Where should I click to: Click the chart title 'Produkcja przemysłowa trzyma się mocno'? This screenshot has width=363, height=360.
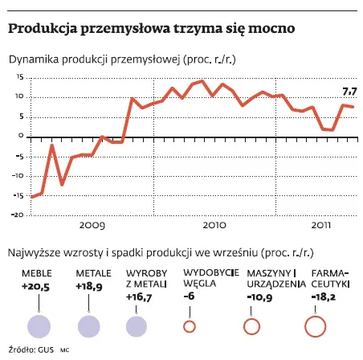coord(151,29)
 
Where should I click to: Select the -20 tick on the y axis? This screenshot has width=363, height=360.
coord(17,215)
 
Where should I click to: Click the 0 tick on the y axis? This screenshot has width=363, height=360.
coord(21,137)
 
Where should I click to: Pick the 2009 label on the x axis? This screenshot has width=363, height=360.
coord(93,226)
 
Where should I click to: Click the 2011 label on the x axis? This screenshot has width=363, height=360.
coord(322,226)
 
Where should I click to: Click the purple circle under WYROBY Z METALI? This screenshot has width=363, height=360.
coord(138,325)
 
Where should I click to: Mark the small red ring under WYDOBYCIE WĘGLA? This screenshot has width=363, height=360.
coord(190,325)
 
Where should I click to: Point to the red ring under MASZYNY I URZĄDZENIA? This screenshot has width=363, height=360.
coord(251,325)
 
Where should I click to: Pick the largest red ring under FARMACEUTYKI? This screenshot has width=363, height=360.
coord(315,325)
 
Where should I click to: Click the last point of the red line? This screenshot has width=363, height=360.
coord(354,107)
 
